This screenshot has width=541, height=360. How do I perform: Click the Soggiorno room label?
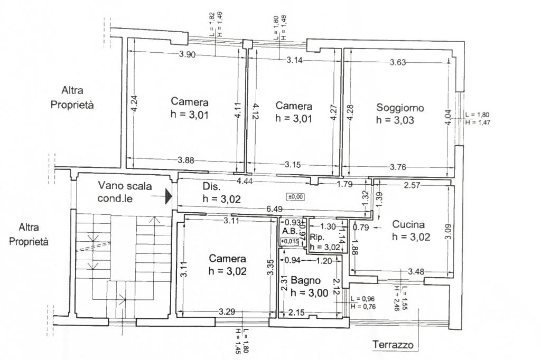[x=400, y=108]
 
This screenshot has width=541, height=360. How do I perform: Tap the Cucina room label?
[x=408, y=224]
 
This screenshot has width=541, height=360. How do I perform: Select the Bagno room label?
[x=306, y=280]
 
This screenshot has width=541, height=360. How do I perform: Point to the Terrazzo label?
[x=393, y=345]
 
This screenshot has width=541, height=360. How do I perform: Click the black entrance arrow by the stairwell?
[x=169, y=196]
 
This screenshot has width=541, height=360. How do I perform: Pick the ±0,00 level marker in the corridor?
[x=296, y=196]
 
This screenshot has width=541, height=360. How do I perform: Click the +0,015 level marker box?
[x=290, y=241]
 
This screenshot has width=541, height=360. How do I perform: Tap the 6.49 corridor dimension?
[x=274, y=209]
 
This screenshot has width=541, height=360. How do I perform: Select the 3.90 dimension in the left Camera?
[x=188, y=54]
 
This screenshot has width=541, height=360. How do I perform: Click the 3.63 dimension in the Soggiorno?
[x=398, y=62]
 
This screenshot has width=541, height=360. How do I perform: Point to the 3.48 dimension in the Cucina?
[x=416, y=272]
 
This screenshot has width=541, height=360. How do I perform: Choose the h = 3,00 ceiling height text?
[x=310, y=293]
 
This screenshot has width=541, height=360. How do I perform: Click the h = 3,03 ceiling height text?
[x=395, y=120]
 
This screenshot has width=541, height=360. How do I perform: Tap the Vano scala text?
[x=125, y=186]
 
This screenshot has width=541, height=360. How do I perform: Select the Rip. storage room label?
[x=317, y=237]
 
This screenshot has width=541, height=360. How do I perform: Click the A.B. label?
[x=290, y=231]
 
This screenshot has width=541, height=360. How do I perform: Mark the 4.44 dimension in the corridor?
[x=245, y=181]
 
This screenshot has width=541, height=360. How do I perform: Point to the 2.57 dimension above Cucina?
[x=412, y=185]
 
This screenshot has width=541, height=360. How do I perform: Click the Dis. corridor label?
[x=211, y=186]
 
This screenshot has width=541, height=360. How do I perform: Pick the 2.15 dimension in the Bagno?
[x=296, y=312]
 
